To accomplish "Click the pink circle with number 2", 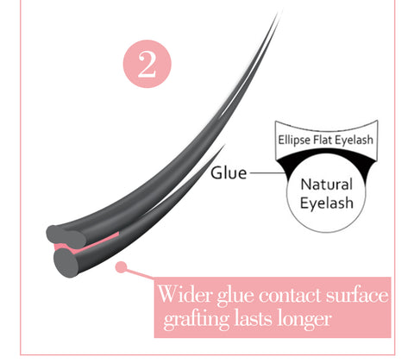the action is click(147, 64).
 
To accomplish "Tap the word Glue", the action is click(229, 173).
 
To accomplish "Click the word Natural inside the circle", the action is click(326, 184).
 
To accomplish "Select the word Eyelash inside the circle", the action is click(327, 203).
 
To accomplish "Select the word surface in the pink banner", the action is click(357, 294).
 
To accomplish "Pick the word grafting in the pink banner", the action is click(197, 319).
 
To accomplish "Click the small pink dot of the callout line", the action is click(121, 267).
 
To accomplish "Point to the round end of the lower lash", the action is click(66, 263).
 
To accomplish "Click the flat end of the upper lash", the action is click(66, 237).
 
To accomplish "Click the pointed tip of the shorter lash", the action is click(224, 145).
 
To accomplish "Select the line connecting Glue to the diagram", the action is click(267, 173).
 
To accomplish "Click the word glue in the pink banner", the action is click(236, 296).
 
